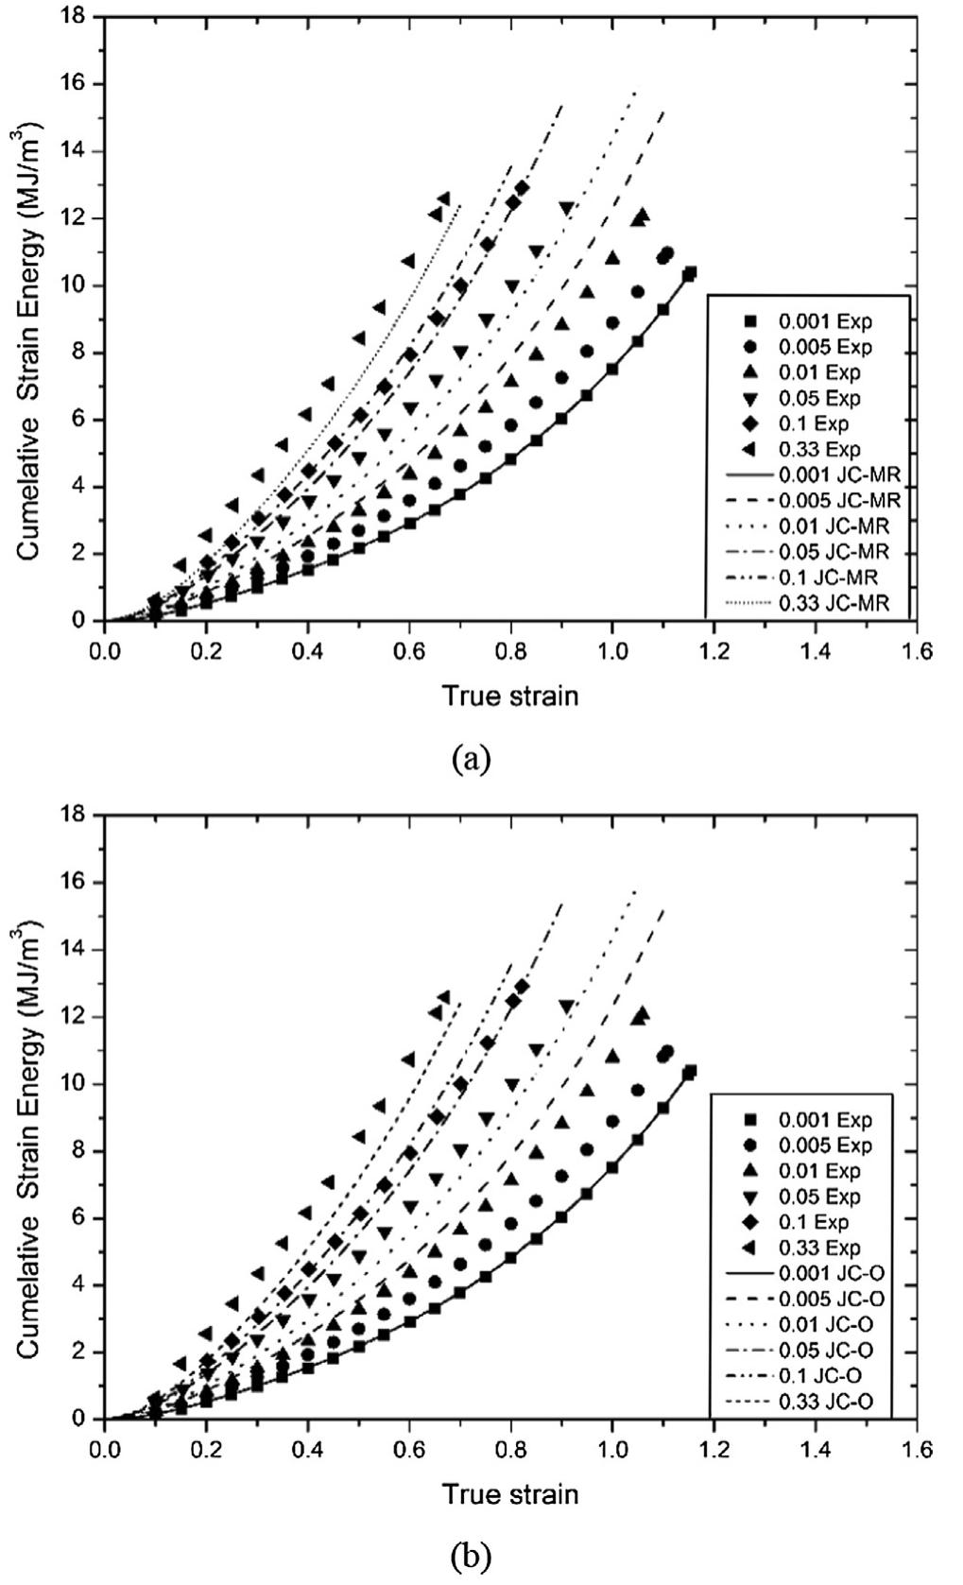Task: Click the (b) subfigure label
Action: [472, 1557]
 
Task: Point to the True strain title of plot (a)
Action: [509, 697]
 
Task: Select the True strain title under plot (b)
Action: [509, 1494]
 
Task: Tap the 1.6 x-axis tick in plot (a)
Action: [917, 652]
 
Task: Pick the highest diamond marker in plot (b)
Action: [522, 986]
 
